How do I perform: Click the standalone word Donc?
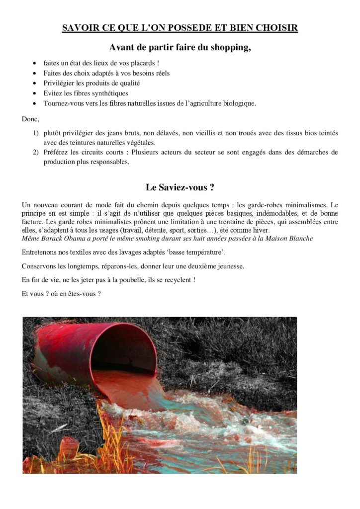30,120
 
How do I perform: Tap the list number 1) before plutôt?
36,133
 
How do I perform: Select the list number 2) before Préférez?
36,152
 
